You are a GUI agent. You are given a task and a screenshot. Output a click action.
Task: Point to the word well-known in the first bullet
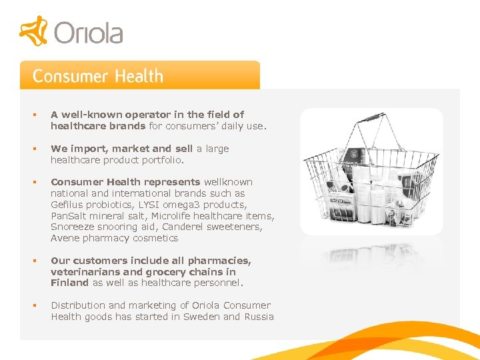tap(85, 115)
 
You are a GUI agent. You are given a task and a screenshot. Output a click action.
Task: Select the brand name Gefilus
tap(67, 205)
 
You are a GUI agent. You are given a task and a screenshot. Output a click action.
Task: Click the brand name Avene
tap(65, 238)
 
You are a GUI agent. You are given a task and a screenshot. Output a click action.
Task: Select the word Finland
tap(69, 283)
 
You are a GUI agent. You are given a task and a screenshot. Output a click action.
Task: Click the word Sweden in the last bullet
tap(201, 317)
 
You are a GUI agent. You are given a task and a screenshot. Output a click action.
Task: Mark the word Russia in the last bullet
tap(259, 317)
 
